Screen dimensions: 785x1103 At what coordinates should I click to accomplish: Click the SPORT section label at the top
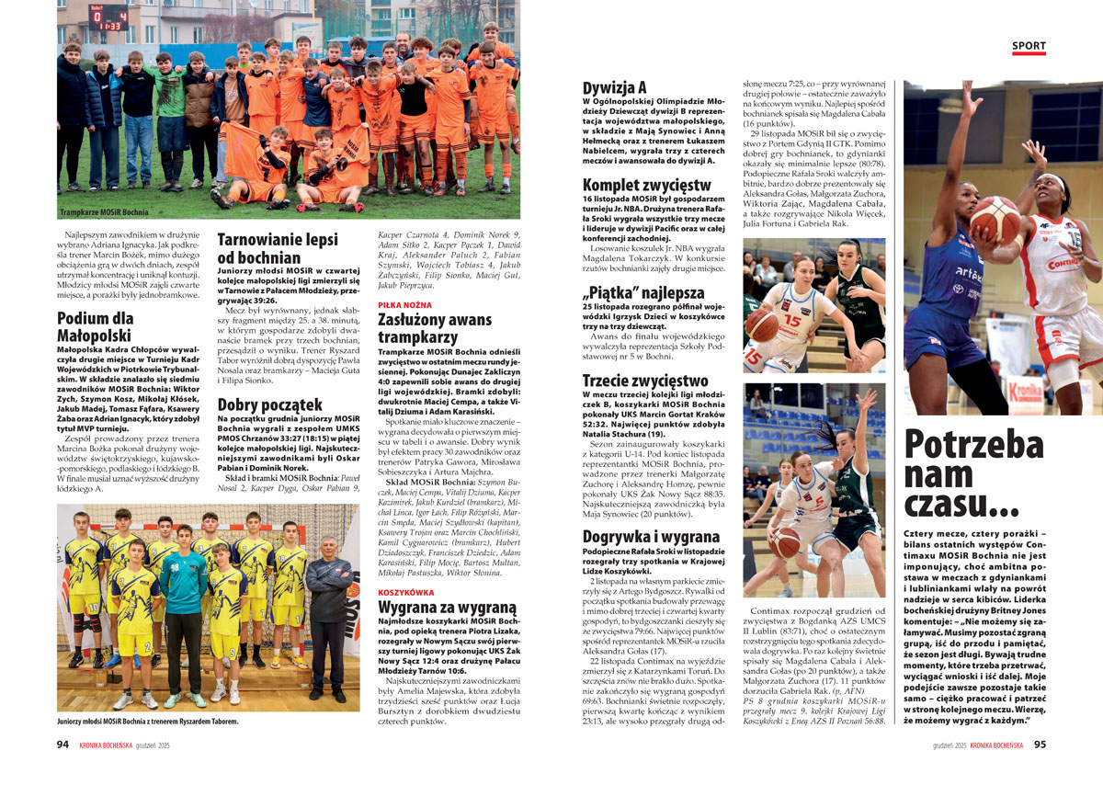click(x=1029, y=46)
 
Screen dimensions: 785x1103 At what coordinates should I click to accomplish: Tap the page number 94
click(x=63, y=745)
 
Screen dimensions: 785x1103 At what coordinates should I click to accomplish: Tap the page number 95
click(x=1040, y=745)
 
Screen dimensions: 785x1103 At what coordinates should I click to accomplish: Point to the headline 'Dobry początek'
click(x=269, y=404)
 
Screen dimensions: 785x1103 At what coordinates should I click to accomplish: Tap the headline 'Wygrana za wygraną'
click(x=448, y=608)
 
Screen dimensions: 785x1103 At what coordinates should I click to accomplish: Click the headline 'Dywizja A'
click(x=615, y=88)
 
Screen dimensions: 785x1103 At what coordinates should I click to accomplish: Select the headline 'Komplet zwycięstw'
click(x=646, y=185)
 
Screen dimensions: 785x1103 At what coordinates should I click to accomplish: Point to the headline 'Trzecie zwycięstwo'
click(x=645, y=381)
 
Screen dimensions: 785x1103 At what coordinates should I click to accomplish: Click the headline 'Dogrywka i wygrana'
click(x=651, y=536)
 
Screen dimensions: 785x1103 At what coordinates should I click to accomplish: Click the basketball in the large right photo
click(x=995, y=220)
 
